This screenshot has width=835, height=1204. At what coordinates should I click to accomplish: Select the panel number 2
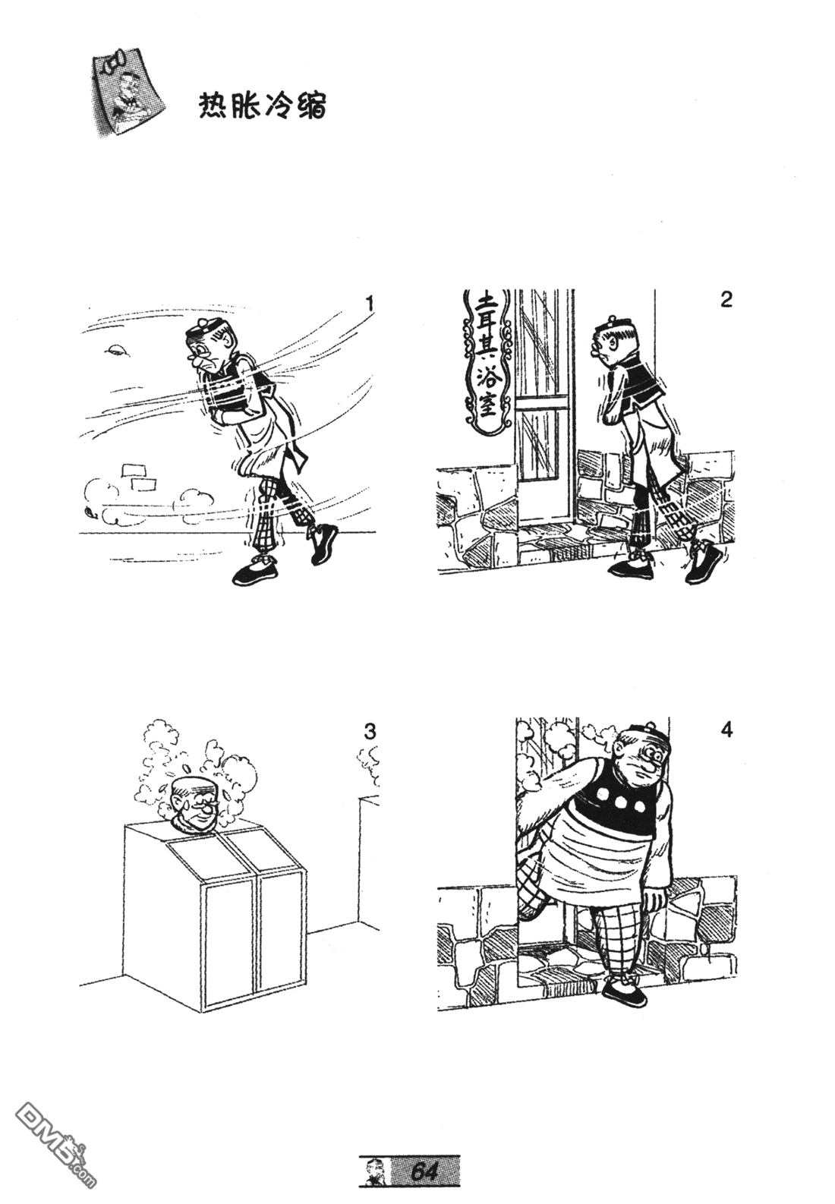click(726, 299)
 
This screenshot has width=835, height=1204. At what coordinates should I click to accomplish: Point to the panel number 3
click(369, 732)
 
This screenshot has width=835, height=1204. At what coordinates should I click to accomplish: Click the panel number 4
click(726, 730)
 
